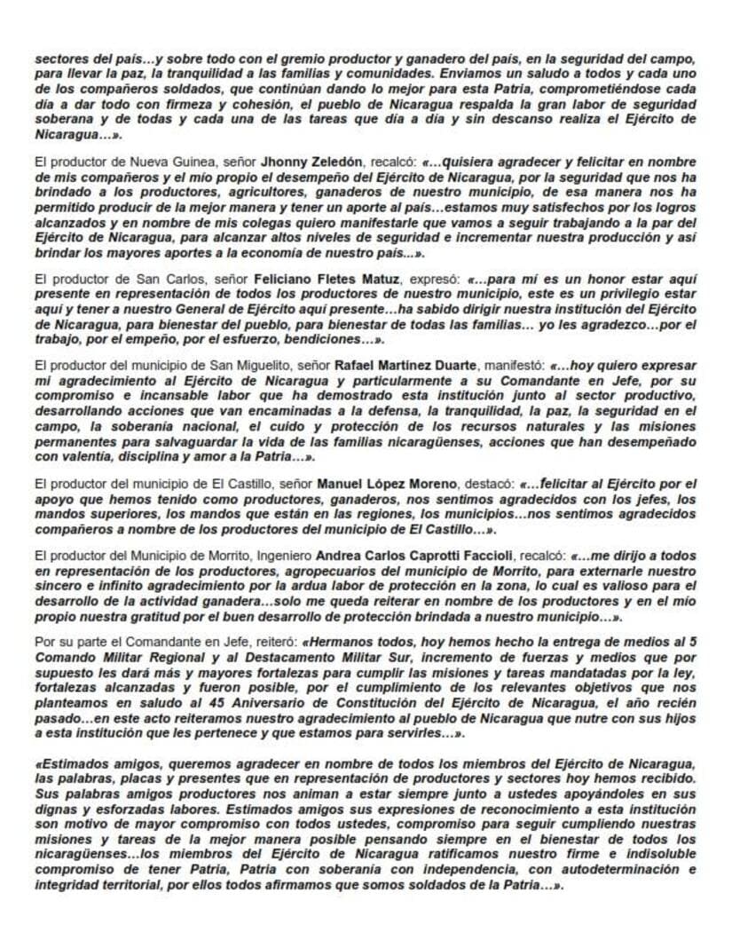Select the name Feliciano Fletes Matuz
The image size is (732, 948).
pos(327,280)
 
